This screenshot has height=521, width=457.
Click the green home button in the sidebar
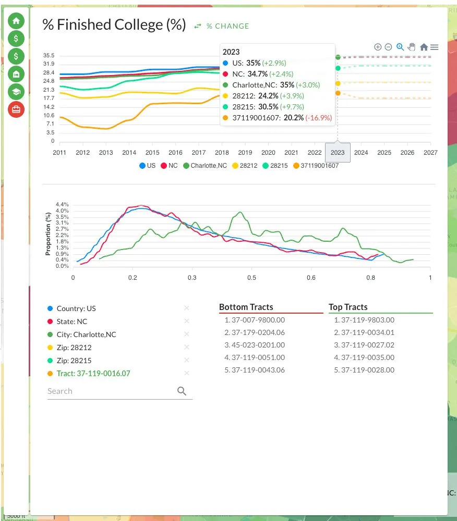point(16,21)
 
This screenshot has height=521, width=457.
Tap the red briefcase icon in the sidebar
point(16,109)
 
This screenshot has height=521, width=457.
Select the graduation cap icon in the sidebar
point(16,92)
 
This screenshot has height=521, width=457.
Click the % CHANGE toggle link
point(222,26)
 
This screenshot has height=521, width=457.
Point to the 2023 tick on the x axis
point(338,153)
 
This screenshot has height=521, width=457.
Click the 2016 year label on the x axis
point(175,153)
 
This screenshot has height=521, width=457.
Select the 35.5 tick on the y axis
point(49,56)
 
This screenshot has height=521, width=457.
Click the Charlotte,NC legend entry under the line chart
point(205,166)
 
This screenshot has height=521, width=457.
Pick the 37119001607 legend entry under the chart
point(316,166)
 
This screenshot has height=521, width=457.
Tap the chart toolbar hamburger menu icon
point(435,47)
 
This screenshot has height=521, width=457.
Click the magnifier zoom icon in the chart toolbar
point(400,47)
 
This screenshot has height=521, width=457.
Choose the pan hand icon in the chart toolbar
point(412,47)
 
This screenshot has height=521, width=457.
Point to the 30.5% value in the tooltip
point(268,107)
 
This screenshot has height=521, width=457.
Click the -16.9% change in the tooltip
point(319,118)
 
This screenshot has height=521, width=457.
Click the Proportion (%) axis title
point(48,234)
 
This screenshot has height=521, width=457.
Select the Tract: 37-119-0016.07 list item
point(93,374)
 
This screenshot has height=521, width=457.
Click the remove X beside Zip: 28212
point(187,347)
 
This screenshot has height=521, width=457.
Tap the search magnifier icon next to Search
point(182,391)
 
